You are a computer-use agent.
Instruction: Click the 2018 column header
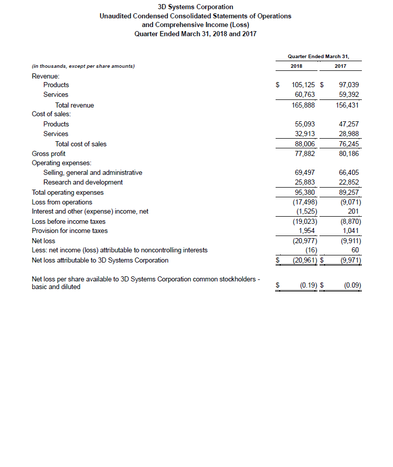pyautogui.click(x=296, y=66)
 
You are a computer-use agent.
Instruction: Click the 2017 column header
pyautogui.click(x=340, y=66)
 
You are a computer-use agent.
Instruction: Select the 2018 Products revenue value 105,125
pyautogui.click(x=303, y=85)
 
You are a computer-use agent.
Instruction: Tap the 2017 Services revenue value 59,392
pyautogui.click(x=349, y=94)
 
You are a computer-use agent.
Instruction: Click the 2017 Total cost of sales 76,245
pyautogui.click(x=349, y=144)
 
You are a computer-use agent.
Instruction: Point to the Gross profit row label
pyautogui.click(x=48, y=153)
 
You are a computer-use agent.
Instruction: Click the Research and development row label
pyautogui.click(x=83, y=182)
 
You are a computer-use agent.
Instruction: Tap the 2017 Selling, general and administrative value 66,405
pyautogui.click(x=349, y=172)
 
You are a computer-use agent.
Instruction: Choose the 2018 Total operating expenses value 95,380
pyautogui.click(x=305, y=192)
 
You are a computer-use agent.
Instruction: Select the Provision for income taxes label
pyautogui.click(x=69, y=230)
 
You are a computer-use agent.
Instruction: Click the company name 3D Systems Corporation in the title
pyautogui.click(x=196, y=7)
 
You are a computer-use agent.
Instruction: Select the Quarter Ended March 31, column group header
pyautogui.click(x=318, y=56)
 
